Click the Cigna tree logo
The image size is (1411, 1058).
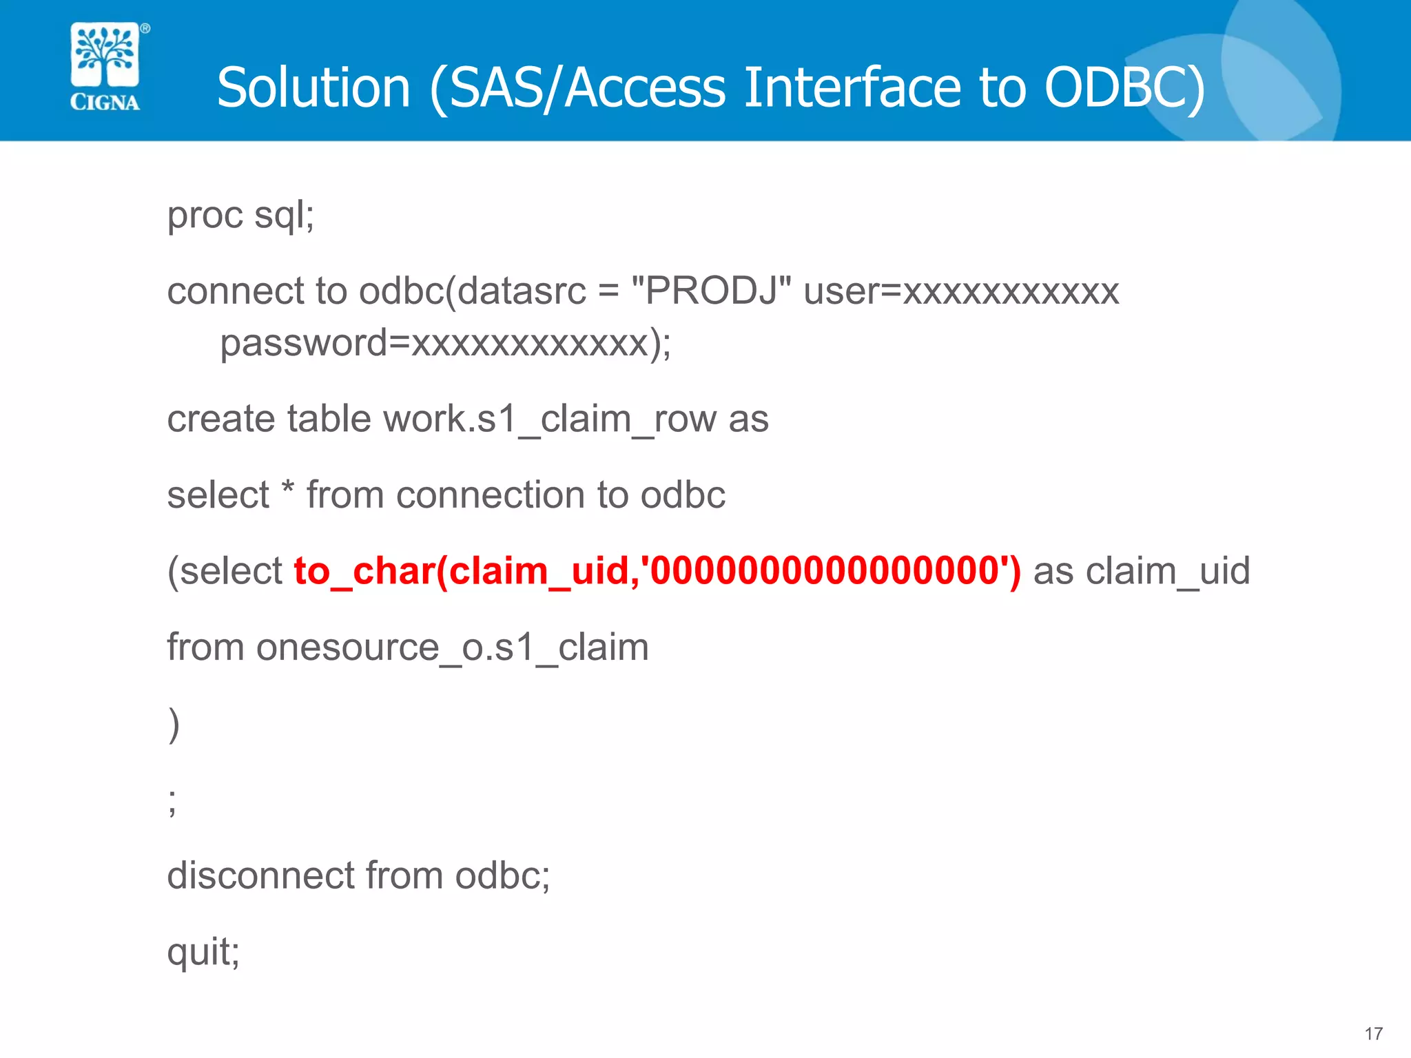(x=105, y=55)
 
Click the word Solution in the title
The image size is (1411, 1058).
(x=314, y=88)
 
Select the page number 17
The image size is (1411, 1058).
(x=1373, y=1033)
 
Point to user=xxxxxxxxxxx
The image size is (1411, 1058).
(x=961, y=291)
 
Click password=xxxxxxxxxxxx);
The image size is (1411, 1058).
(x=445, y=343)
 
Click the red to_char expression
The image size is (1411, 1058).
(x=657, y=571)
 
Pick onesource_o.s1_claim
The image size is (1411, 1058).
(x=452, y=647)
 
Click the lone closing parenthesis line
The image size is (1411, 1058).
(x=174, y=724)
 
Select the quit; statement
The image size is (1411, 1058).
(x=203, y=953)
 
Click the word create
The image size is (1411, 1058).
(x=221, y=419)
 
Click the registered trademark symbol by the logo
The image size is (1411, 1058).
(x=145, y=28)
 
